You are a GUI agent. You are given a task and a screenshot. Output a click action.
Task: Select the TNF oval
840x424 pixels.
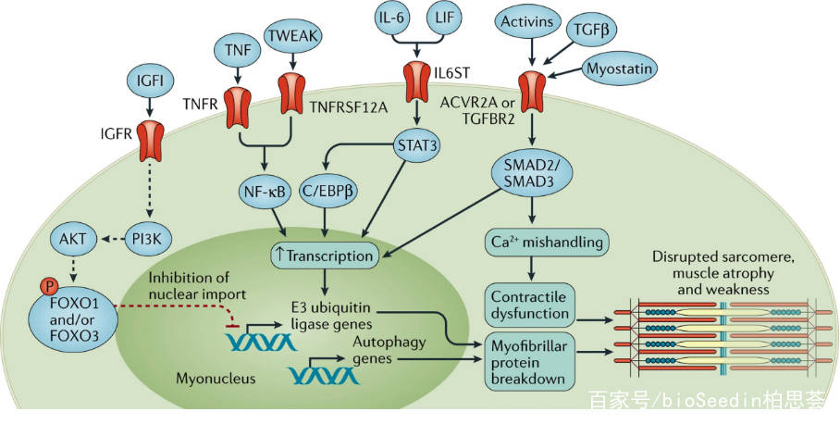click(x=239, y=47)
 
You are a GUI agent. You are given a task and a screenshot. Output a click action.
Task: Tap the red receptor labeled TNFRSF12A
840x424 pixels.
click(x=292, y=101)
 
